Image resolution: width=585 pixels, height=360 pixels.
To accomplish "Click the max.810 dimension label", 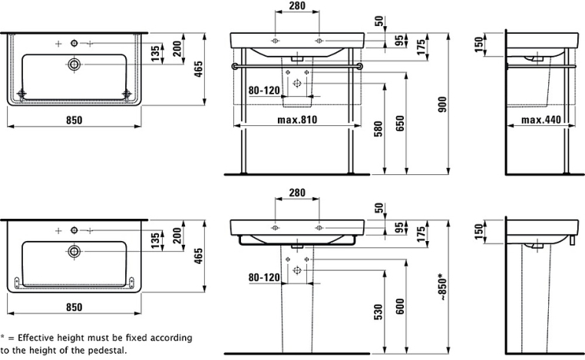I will (x=297, y=120).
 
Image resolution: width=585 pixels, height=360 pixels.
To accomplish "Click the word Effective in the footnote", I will (x=39, y=338).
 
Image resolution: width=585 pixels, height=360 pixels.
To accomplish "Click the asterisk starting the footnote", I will (x=3, y=338).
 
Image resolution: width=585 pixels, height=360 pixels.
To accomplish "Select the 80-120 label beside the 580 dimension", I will (x=264, y=91).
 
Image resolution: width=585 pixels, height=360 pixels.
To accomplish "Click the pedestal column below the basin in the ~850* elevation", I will (x=297, y=299).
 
